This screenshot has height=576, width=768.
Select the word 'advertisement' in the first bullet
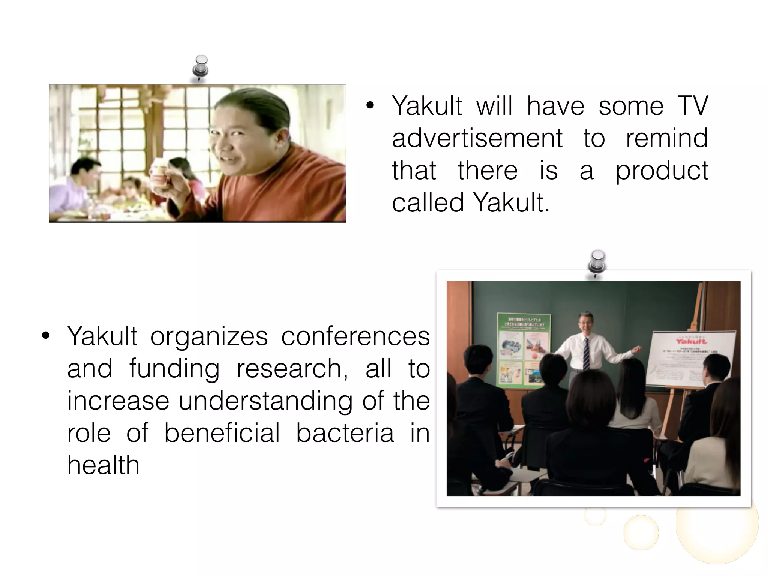click(x=477, y=139)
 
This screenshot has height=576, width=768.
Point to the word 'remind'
click(x=666, y=138)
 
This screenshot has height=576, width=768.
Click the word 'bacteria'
click(x=345, y=433)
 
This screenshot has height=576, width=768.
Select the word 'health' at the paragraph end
click(x=103, y=465)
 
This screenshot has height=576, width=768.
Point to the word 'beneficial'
click(x=222, y=433)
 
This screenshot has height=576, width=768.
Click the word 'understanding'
click(x=265, y=401)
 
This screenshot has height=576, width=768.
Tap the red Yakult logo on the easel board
click(x=691, y=341)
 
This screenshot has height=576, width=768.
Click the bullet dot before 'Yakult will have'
click(x=370, y=106)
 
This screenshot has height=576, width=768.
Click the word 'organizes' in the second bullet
click(x=209, y=336)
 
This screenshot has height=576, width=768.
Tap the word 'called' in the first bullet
click(x=428, y=203)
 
